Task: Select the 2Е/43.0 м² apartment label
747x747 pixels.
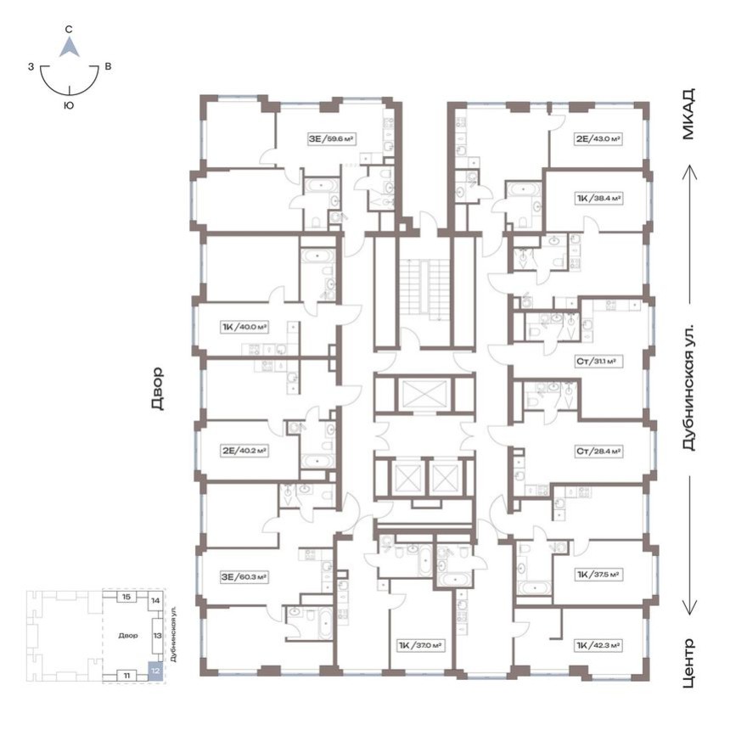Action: tap(598, 138)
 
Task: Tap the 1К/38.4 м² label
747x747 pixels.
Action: tap(598, 199)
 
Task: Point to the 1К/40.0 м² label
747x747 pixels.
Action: tap(244, 326)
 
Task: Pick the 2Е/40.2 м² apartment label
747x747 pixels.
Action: tap(244, 451)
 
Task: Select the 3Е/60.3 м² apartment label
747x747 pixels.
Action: tap(244, 577)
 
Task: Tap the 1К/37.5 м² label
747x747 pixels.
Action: tap(598, 574)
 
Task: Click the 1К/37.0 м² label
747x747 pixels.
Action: tap(421, 645)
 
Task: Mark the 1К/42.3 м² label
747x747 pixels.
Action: tap(598, 645)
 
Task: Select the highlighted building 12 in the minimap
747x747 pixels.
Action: tap(153, 669)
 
